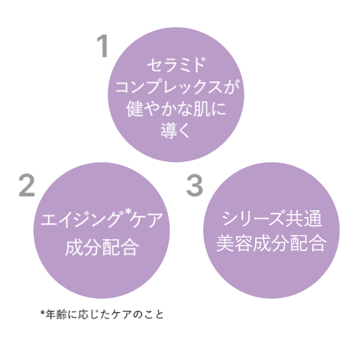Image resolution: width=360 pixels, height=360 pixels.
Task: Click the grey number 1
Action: (103, 46)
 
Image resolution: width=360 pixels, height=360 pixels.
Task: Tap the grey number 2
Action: (27, 185)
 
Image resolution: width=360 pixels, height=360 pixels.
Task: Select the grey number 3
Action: (194, 185)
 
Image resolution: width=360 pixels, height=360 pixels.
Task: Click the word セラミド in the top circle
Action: (176, 65)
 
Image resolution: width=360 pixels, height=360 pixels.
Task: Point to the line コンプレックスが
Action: (177, 87)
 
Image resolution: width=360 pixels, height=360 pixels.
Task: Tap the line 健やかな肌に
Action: (176, 109)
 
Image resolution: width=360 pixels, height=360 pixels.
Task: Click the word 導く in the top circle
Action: (175, 130)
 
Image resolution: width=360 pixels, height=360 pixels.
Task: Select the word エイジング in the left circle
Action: (81, 220)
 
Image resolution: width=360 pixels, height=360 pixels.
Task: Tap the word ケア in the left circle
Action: (146, 220)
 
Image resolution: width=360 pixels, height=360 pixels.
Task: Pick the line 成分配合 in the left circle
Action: (102, 247)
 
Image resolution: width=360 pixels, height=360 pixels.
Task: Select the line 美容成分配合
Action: (272, 243)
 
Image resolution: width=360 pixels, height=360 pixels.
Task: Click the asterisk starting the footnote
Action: (43, 313)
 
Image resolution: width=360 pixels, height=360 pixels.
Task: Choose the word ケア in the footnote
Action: (121, 315)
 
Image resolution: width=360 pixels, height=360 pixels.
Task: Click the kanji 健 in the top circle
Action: (135, 109)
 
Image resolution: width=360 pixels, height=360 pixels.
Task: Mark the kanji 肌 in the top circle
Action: (202, 109)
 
